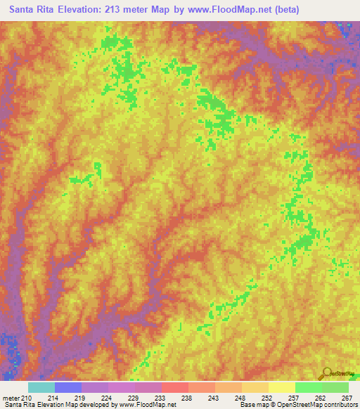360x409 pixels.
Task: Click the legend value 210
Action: tap(27, 397)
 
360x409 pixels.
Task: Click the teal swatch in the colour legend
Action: tap(41, 387)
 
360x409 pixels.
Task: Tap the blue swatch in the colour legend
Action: tap(68, 387)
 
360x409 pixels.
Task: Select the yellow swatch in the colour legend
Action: tap(281, 387)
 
